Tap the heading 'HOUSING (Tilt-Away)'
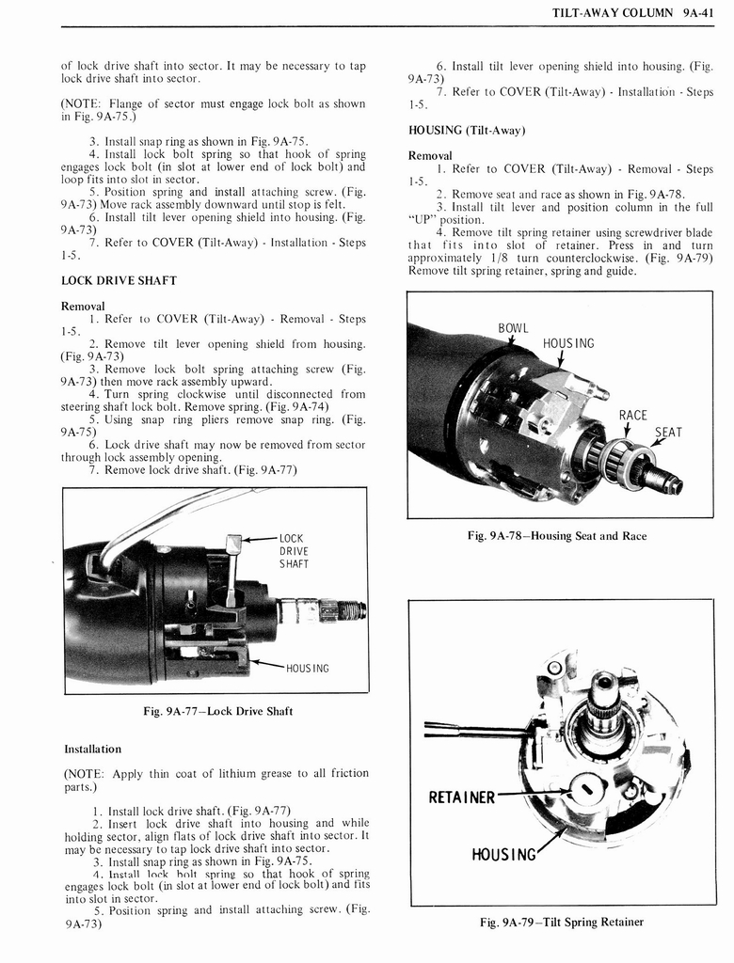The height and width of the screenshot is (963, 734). coord(466,130)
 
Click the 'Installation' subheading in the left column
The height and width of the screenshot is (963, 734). coord(92,750)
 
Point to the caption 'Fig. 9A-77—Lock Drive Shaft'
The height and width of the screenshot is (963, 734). coord(217,711)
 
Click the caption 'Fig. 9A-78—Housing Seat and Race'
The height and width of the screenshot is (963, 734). coord(557,536)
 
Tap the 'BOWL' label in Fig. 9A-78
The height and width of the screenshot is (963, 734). coord(513,328)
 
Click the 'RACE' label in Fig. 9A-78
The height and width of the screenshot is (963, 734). coord(632,415)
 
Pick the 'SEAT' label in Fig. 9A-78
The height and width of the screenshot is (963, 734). coord(667,433)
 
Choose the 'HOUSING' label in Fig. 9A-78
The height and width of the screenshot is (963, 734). coord(568,343)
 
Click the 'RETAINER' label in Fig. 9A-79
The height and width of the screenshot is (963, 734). coord(462,798)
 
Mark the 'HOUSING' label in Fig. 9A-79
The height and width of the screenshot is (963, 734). coord(504,855)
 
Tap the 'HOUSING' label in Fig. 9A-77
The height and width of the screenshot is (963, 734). coord(308,669)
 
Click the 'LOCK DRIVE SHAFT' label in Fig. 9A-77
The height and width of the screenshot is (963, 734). coord(295,551)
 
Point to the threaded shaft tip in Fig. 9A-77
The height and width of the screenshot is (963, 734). coord(354,610)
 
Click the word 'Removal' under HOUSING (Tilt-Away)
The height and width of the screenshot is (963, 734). coord(431,155)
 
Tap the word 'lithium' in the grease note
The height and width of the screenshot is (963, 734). coord(231,773)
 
